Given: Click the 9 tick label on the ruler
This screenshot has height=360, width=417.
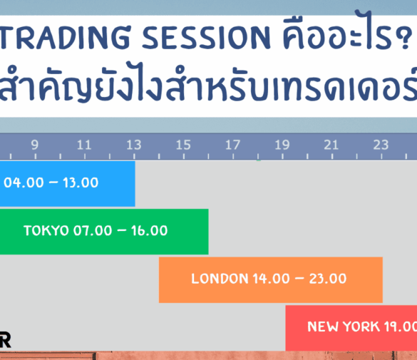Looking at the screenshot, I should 34,145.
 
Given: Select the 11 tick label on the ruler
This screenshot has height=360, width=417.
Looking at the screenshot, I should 84,145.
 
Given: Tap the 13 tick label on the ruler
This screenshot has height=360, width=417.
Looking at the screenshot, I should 133,145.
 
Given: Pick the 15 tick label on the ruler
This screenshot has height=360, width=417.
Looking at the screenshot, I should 183,145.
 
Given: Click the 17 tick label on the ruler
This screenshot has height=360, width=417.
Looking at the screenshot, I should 232,145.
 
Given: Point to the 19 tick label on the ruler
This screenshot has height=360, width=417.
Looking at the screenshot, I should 282,145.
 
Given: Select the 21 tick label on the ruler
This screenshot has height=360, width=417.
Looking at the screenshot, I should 331,145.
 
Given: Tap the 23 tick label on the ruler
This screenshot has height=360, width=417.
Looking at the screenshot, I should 381,145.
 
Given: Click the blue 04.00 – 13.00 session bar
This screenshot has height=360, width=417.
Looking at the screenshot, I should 67,183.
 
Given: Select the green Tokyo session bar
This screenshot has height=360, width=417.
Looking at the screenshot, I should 103,231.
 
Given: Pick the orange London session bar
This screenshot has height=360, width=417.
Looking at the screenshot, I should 270,279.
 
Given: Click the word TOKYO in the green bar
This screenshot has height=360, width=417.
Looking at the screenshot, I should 46,231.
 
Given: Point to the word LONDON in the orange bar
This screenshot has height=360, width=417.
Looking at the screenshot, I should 220,279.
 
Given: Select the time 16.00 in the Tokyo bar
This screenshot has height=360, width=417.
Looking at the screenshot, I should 150,231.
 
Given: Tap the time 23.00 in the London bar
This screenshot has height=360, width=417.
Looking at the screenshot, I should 329,279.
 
